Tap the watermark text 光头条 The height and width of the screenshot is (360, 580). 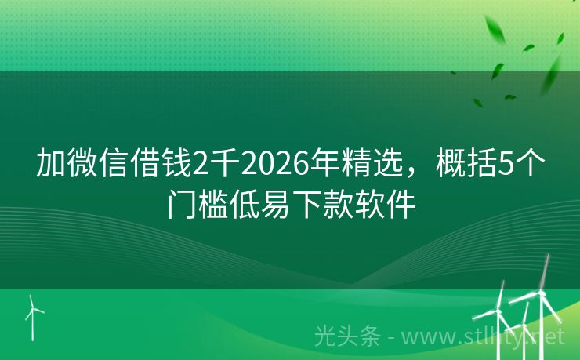(347, 336)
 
